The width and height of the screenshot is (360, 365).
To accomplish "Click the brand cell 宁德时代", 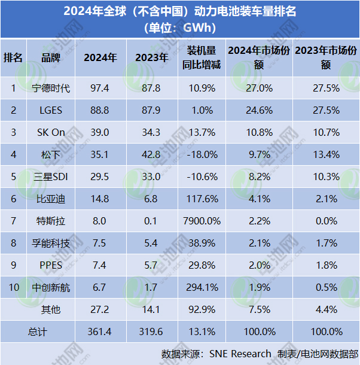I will click(x=51, y=88).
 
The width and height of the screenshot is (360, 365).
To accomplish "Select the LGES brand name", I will click(x=51, y=110).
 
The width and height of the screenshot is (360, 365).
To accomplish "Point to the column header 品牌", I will click(x=51, y=57).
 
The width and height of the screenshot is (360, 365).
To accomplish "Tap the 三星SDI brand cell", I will click(x=51, y=177).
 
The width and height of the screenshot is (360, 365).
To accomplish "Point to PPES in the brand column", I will click(x=51, y=265).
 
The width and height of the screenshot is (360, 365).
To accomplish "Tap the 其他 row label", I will click(x=51, y=309).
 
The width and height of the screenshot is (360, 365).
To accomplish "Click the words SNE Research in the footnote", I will click(x=240, y=354).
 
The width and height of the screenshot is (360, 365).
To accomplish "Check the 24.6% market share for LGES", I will click(x=259, y=110).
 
